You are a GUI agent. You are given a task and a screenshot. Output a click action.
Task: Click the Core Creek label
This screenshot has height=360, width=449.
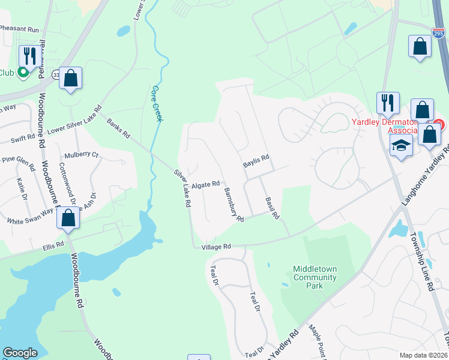point(157,103)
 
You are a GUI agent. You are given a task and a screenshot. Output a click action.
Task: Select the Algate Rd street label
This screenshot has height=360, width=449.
point(206,185)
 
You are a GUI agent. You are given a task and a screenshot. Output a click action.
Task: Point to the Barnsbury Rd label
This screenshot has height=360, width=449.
point(234,205)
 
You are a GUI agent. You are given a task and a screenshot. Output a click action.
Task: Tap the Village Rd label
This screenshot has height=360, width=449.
point(216,247)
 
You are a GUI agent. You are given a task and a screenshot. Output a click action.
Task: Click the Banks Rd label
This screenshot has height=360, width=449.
point(118,128)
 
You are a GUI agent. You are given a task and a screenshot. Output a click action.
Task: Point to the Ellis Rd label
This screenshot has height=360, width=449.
point(53,245)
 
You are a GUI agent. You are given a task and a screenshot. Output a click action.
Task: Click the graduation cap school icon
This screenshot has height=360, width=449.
point(400,145)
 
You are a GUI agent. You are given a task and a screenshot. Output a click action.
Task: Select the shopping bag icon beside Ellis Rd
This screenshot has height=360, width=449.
point(68,218)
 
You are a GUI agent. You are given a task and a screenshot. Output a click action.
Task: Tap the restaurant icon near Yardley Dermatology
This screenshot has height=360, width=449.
point(388,103)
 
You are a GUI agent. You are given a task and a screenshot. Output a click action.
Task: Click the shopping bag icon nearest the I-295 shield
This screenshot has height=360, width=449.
point(420,47)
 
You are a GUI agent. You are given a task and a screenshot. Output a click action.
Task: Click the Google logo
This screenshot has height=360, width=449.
point(20,353)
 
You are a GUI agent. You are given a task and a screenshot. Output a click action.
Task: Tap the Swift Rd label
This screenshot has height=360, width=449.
point(23,139)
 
